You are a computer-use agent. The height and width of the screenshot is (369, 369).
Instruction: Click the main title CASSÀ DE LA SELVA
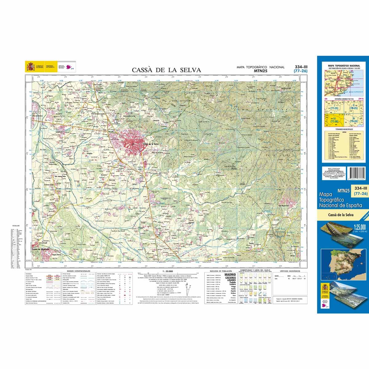point(166,70)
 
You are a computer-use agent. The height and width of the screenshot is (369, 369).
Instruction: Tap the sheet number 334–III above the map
point(301,67)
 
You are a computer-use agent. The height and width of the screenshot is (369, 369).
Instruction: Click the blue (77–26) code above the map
point(301,71)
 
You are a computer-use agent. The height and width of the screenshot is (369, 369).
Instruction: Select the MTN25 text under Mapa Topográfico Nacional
point(260,71)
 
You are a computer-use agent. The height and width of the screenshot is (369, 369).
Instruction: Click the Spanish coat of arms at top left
point(30,66)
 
